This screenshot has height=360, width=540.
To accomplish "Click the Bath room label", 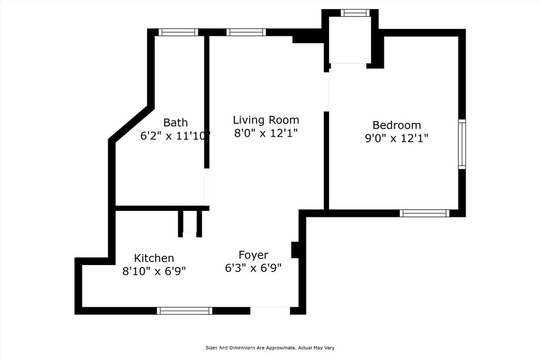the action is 176,122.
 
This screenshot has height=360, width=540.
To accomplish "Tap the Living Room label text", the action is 266,120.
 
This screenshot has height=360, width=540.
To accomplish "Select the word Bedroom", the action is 397,125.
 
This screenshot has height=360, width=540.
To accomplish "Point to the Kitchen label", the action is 154,258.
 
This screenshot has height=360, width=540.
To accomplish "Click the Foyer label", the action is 254,255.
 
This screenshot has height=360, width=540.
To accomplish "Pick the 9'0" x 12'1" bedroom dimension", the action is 397,138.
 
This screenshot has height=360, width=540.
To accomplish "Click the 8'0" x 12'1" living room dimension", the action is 266,133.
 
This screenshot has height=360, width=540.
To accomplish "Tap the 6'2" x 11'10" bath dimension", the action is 175,136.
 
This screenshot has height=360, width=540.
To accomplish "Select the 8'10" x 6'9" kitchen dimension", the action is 154,271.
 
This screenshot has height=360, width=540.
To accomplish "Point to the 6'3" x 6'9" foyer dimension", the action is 254,268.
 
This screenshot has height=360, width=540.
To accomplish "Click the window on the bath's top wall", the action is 178,32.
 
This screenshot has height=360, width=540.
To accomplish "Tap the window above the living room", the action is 246,32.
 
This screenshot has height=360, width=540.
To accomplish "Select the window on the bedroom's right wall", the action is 462,144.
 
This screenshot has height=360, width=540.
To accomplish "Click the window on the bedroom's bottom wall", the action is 425,213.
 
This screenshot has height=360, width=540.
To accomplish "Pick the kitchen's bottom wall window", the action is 185,311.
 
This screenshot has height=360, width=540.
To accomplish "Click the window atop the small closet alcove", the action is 355,13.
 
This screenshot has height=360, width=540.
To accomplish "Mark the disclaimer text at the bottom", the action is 270,348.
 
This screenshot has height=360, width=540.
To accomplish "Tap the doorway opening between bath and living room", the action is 207,187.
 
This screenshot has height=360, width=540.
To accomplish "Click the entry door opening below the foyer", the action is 270,311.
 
